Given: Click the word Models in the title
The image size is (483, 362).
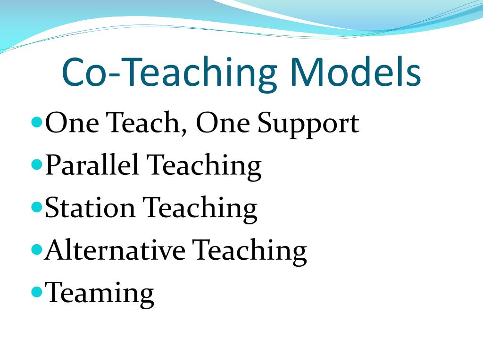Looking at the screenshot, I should click(355, 72).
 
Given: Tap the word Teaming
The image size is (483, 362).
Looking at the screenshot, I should click(100, 293).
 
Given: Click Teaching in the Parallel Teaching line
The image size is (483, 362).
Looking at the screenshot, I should click(204, 166).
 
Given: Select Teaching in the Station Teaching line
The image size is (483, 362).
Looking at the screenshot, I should click(200, 208).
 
